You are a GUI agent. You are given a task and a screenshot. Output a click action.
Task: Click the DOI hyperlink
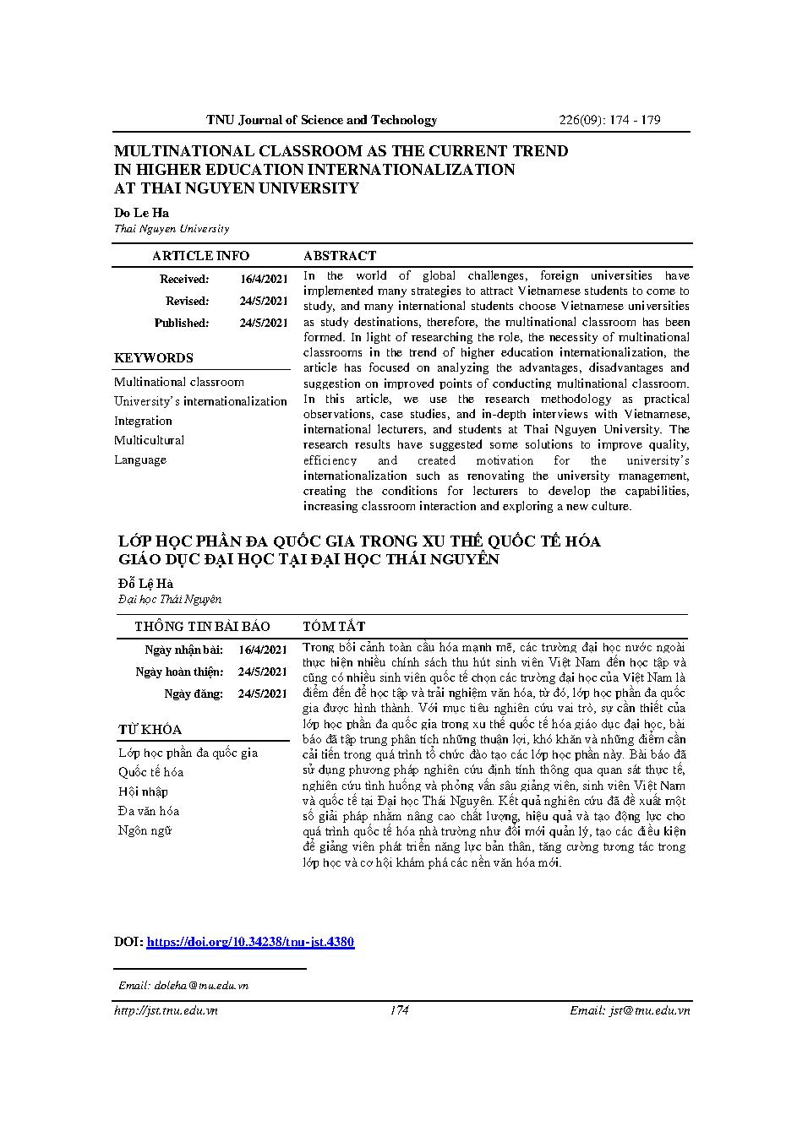click(250, 942)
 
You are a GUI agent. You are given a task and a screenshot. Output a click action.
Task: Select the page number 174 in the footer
click(399, 1010)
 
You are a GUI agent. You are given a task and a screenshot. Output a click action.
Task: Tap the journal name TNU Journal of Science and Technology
click(322, 120)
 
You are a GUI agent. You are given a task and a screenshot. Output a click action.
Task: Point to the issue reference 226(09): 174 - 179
click(609, 120)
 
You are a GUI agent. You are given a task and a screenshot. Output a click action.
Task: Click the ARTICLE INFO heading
click(200, 256)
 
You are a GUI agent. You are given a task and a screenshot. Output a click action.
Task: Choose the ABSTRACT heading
click(340, 256)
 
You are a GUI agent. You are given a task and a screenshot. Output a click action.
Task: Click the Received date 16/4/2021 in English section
click(264, 279)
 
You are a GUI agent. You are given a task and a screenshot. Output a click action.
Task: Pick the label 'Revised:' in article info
click(187, 301)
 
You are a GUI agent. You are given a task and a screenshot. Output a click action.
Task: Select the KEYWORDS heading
click(154, 358)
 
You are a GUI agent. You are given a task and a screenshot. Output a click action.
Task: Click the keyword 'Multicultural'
click(150, 440)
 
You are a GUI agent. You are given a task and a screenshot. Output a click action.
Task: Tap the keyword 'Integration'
click(144, 421)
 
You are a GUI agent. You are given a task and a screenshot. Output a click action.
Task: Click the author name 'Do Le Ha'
click(142, 213)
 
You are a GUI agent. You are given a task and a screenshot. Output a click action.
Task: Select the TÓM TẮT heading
click(334, 626)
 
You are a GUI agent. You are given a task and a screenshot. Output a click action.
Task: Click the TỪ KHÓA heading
click(150, 730)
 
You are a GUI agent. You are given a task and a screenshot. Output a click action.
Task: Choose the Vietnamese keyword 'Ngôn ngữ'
click(145, 830)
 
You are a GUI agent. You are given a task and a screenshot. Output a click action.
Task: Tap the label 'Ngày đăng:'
click(194, 694)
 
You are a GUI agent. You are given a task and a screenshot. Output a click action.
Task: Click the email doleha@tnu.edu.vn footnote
click(183, 985)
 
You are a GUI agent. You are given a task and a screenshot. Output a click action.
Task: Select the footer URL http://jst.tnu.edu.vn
click(166, 1010)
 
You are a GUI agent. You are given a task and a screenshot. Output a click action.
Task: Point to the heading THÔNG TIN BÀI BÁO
click(202, 626)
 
